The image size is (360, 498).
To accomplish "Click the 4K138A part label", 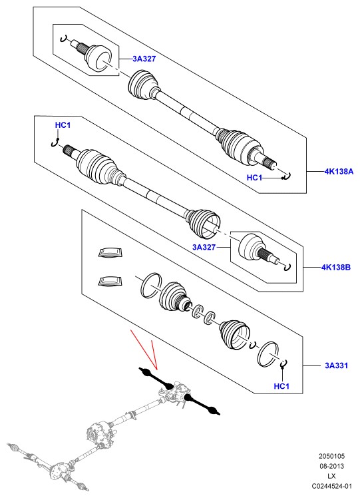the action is click(339, 172).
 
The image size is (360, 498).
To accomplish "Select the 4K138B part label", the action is click(336, 267).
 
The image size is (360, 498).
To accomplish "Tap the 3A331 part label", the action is click(336, 366).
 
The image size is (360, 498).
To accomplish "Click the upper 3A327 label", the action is click(144, 59).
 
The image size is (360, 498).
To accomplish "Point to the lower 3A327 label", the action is click(204, 247).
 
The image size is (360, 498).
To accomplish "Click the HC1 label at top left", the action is click(63, 125).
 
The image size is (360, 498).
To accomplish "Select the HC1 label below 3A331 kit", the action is click(281, 386).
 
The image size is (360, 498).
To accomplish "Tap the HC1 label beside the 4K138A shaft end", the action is click(255, 178).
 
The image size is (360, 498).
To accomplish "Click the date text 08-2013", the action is click(331, 466).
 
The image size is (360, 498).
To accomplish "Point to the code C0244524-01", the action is click(331, 486).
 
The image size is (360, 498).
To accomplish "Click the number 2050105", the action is click(331, 457).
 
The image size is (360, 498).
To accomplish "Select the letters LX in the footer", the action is click(331, 476).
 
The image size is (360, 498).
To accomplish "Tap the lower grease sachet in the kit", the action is click(110, 282).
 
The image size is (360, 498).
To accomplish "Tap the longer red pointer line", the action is click(144, 350).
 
